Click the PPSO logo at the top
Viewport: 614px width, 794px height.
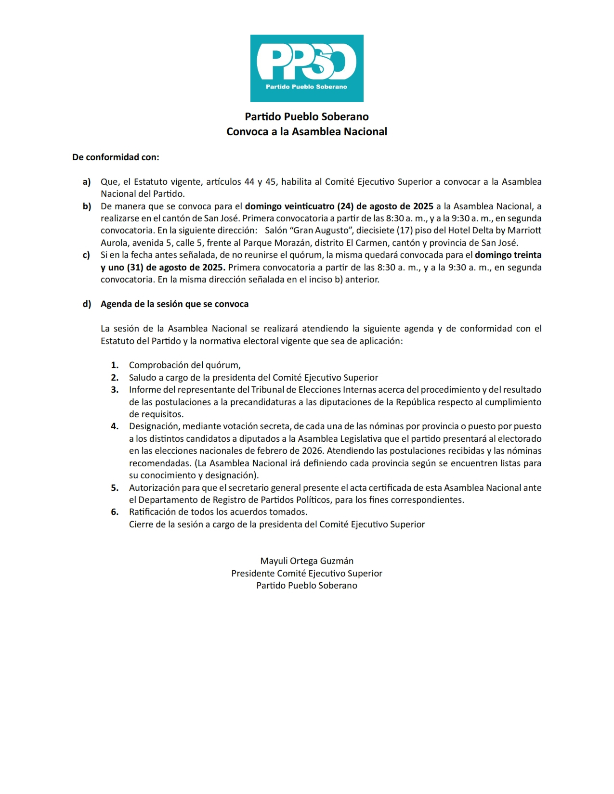(x=307, y=68)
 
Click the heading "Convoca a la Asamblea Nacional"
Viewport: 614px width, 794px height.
(x=307, y=131)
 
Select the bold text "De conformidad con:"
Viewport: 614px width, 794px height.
(x=116, y=157)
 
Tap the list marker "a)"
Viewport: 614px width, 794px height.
(x=87, y=182)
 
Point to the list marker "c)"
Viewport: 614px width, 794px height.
(x=87, y=255)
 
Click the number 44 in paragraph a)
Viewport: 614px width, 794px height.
(x=249, y=182)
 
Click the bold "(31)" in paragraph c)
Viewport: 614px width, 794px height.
(x=135, y=268)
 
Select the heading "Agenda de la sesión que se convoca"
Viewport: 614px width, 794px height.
(x=174, y=304)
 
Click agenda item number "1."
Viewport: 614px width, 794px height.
(x=115, y=365)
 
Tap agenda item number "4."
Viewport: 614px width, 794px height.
(x=115, y=426)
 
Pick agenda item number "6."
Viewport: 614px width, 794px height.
(x=115, y=512)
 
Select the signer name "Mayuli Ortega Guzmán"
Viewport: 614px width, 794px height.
(x=307, y=561)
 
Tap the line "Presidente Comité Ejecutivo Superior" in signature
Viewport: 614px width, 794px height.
(x=307, y=574)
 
